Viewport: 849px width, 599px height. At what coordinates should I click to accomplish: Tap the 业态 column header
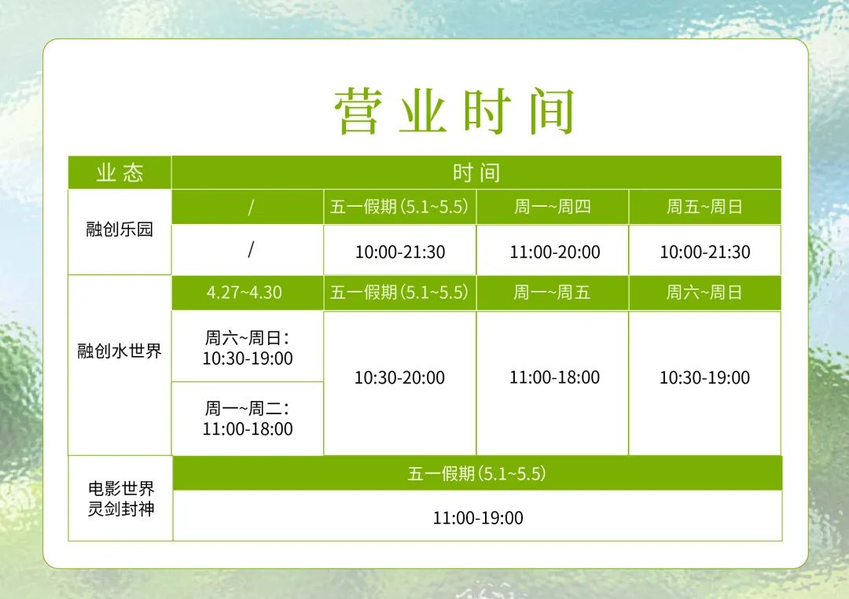pyautogui.click(x=119, y=173)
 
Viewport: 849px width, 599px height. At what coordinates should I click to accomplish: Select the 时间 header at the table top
pyautogui.click(x=476, y=173)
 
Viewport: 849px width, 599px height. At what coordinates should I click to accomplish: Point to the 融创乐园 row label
pyautogui.click(x=119, y=229)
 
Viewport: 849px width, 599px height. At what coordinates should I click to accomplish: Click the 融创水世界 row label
pyautogui.click(x=119, y=351)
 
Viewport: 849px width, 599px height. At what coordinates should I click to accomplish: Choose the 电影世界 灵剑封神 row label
pyautogui.click(x=121, y=499)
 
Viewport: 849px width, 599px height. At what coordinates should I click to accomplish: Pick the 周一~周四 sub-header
pyautogui.click(x=553, y=206)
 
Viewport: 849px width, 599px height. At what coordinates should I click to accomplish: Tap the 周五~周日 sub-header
pyautogui.click(x=704, y=206)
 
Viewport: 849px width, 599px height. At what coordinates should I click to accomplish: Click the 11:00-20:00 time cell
pyautogui.click(x=555, y=252)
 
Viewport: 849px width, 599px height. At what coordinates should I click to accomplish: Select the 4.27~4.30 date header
pyautogui.click(x=244, y=292)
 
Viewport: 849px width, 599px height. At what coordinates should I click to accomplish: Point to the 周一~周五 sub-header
pyautogui.click(x=553, y=292)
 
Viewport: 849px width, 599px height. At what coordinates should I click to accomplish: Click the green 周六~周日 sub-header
pyautogui.click(x=704, y=292)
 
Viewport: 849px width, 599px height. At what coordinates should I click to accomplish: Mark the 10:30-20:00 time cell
pyautogui.click(x=399, y=377)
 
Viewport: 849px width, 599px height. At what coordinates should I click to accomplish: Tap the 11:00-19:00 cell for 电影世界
pyautogui.click(x=478, y=518)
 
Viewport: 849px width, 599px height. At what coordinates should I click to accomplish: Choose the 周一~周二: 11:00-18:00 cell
pyautogui.click(x=248, y=418)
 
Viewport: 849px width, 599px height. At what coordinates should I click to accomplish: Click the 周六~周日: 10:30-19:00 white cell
pyautogui.click(x=248, y=347)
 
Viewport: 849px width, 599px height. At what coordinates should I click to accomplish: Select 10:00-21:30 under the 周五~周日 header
pyautogui.click(x=705, y=252)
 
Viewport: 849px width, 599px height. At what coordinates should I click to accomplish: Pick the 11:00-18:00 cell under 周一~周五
pyautogui.click(x=554, y=377)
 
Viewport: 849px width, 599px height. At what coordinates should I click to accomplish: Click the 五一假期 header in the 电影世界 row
pyautogui.click(x=476, y=474)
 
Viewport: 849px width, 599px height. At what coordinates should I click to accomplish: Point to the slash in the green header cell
pyautogui.click(x=250, y=207)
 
